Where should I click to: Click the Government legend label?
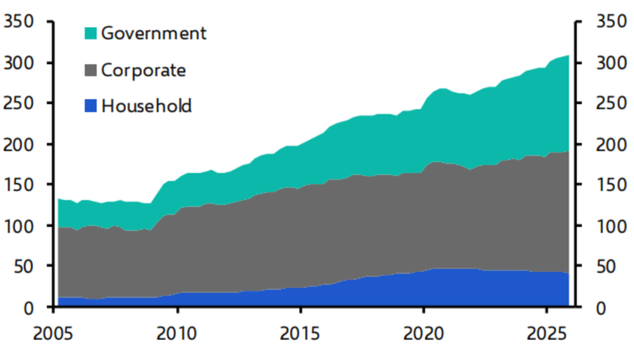[x=153, y=33]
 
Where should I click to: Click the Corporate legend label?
[x=143, y=70]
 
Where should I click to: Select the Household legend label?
[x=146, y=107]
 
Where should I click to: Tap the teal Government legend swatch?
[x=91, y=33]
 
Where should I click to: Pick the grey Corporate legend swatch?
[x=91, y=70]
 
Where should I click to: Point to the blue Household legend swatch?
[x=91, y=107]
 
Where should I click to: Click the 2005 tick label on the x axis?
[x=54, y=336]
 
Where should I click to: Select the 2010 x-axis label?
[x=177, y=336]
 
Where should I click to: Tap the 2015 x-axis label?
[x=300, y=336]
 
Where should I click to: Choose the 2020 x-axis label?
[x=424, y=336]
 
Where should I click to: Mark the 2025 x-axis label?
[x=546, y=336]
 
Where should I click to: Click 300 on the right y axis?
[x=610, y=63]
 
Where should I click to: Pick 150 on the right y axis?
[x=610, y=186]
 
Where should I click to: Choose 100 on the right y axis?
[x=610, y=226]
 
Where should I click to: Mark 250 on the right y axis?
[x=610, y=104]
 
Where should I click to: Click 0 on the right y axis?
[x=600, y=308]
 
